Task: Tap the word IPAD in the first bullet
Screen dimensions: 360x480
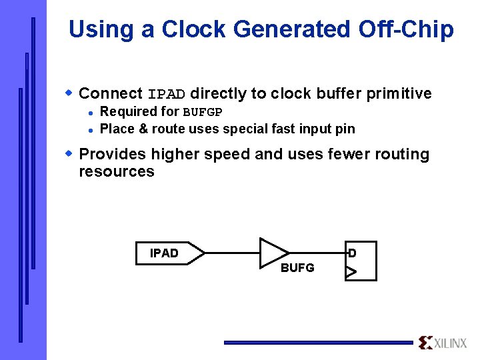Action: point(167,94)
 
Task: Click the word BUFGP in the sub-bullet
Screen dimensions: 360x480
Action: point(203,112)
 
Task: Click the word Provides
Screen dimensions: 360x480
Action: point(112,154)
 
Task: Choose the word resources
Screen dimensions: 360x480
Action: point(117,171)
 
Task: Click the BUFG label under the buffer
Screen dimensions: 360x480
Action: point(297,269)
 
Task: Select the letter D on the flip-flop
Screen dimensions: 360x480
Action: point(352,253)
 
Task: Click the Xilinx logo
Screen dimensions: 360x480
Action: point(443,343)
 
